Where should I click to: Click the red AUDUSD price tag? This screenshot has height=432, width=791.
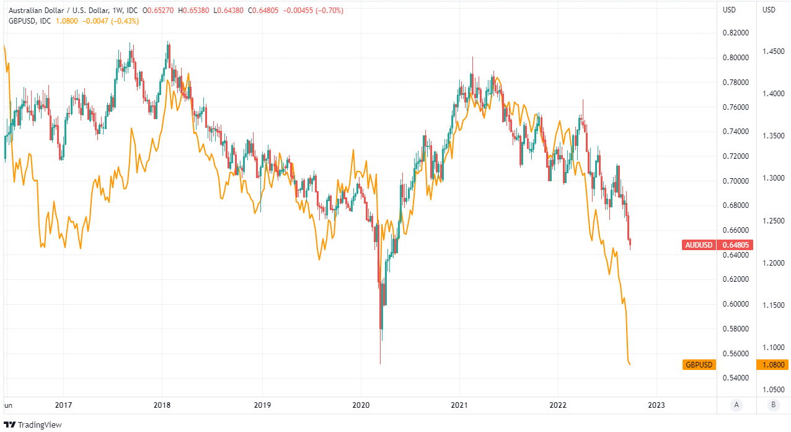699,245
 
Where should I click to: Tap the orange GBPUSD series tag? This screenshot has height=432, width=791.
699,364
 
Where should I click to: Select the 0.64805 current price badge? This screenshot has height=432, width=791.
736,245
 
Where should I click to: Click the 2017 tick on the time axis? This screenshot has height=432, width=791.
63,405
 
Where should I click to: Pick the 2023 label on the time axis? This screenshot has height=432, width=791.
656,405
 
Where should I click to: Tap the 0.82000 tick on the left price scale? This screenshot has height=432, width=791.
736,33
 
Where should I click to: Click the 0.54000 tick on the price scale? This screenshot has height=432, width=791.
736,378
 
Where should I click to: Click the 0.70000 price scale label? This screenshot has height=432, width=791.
736,181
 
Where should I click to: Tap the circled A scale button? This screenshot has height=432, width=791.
736,405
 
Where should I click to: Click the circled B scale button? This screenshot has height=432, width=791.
772,405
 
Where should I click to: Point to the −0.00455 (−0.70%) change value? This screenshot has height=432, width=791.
313,11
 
